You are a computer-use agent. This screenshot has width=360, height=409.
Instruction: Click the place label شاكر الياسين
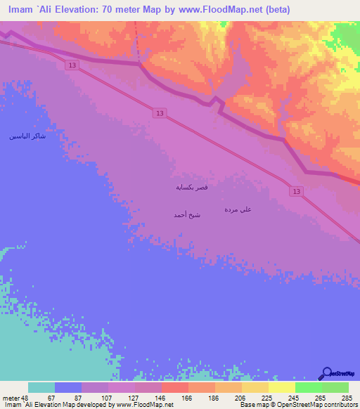tap(27, 136)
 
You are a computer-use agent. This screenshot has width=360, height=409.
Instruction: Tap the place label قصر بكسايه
tap(191, 188)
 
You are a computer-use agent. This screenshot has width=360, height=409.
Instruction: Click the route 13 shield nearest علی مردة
tap(295, 191)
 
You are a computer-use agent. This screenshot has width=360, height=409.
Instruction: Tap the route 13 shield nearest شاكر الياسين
tap(73, 65)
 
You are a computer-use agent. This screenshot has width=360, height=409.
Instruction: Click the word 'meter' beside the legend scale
tap(11, 398)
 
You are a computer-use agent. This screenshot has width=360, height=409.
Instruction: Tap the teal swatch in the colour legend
tap(41, 387)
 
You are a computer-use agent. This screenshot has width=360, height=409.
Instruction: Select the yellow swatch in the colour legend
tap(281, 387)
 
